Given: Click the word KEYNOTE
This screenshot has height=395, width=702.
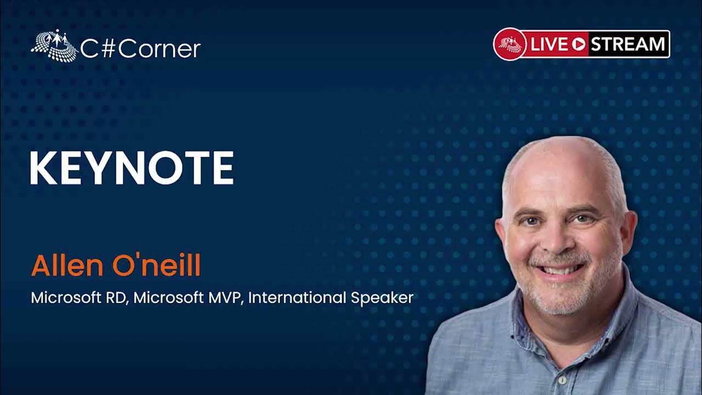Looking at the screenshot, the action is (132, 168).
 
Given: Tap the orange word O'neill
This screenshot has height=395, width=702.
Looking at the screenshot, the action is (156, 266).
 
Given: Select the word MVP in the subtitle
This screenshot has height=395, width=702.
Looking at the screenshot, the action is (226, 297).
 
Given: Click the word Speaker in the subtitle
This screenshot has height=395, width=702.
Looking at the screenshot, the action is (382, 298).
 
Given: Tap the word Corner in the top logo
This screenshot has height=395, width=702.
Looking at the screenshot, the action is (159, 49).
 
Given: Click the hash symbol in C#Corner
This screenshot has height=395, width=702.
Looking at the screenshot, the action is (107, 49).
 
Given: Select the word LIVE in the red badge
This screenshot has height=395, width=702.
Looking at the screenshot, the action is (549, 44).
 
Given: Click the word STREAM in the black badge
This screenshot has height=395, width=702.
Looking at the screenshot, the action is (628, 44).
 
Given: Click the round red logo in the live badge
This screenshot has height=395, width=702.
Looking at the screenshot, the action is (510, 44).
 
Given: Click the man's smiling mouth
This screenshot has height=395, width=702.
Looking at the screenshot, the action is (560, 269).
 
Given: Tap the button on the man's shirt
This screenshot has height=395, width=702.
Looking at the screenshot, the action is (563, 380).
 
